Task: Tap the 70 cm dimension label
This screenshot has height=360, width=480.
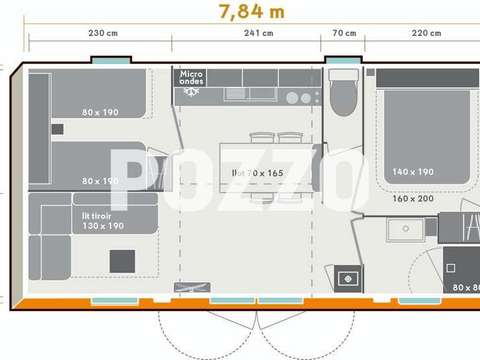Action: (344, 33)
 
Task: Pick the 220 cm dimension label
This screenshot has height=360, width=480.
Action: (426, 33)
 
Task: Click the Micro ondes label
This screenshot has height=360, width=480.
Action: (191, 78)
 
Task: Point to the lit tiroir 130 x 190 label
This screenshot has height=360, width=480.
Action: (102, 219)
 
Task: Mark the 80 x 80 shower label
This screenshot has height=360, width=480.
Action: (464, 288)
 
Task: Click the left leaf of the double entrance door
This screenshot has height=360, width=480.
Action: (210, 325)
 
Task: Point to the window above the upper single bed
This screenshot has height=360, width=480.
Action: (109, 61)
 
